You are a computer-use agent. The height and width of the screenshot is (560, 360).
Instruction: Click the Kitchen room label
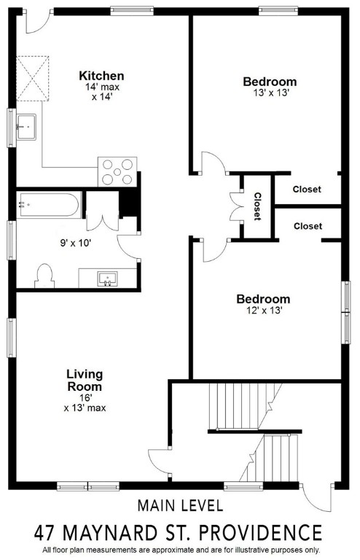pos(101,76)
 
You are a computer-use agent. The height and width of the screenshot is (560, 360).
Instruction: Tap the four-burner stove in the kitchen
pos(117,172)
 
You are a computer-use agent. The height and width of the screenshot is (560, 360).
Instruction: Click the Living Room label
pos(85,381)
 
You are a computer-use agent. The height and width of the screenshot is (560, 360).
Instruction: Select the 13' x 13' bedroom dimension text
pos(270,93)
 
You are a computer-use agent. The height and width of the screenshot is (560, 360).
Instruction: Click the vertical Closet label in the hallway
pos(257,206)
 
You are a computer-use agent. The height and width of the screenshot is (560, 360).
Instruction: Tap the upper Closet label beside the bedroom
pos(307,190)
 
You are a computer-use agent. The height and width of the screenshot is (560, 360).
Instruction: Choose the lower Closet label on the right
pos(308,226)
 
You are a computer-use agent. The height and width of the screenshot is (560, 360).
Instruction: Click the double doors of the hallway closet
pos(235,206)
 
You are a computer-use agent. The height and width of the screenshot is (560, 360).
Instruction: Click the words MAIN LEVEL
pos(180,505)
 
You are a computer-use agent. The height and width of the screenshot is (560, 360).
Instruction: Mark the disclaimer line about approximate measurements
pos(180,550)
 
